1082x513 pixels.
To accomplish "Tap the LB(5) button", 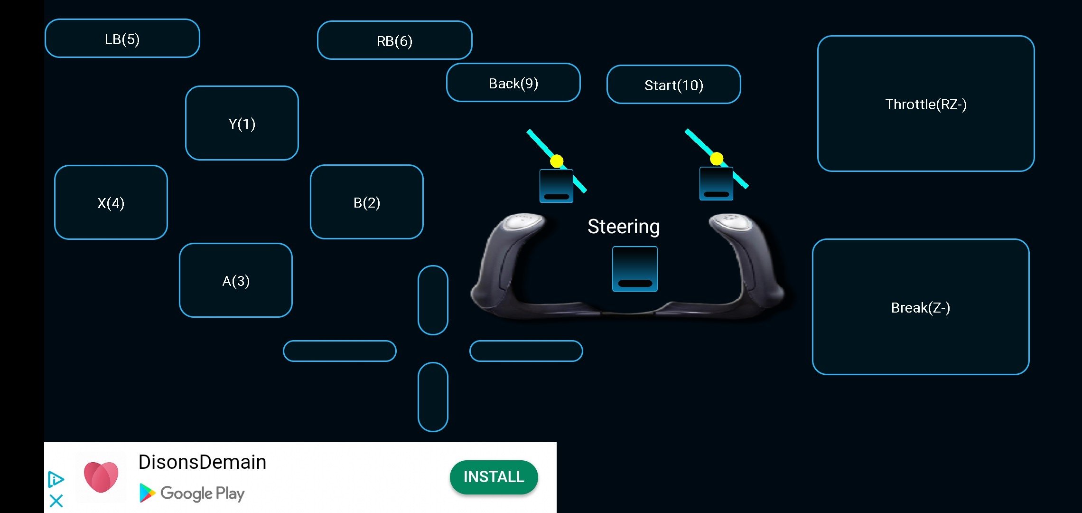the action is tap(122, 38).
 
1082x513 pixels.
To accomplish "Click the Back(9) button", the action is tap(513, 83).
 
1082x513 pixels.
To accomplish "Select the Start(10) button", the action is tap(674, 85).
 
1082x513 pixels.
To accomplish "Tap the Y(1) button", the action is tap(242, 123).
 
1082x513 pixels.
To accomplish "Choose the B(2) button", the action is tap(367, 202).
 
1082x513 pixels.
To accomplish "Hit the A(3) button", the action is tap(236, 280).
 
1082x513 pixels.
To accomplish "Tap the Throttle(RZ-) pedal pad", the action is tap(926, 104).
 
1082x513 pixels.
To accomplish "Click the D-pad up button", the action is tap(433, 300).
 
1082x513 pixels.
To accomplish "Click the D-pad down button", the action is tap(433, 397).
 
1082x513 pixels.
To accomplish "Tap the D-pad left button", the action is tap(340, 351).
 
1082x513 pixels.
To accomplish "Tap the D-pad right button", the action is tap(526, 351).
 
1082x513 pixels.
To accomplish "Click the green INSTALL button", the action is tap(494, 477).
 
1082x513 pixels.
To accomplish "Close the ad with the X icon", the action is tap(56, 501).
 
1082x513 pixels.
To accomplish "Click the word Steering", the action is tap(624, 227).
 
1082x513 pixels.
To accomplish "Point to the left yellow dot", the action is tap(557, 161).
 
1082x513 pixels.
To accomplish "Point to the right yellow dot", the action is tap(717, 159).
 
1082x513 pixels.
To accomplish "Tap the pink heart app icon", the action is tap(101, 477).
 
